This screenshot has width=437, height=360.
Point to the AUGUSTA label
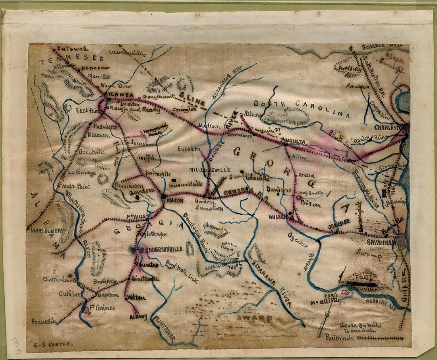294,141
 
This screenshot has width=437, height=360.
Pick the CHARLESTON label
391,128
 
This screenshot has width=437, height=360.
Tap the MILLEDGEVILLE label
209,170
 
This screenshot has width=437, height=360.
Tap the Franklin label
44,322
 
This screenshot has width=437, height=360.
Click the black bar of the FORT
362,285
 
